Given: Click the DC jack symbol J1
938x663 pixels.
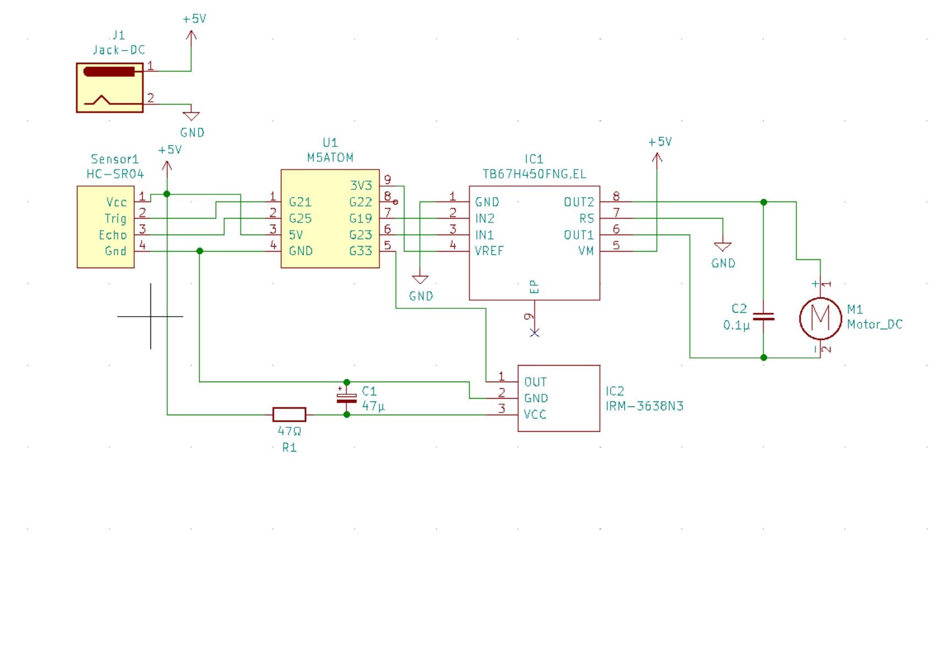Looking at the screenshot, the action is [x=110, y=88].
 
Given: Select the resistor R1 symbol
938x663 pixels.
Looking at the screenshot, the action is [x=290, y=415].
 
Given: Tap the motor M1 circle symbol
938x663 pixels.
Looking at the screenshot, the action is [x=820, y=318].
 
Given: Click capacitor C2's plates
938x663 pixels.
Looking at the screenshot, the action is [x=764, y=316].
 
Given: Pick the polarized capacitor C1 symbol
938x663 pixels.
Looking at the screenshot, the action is [x=347, y=398].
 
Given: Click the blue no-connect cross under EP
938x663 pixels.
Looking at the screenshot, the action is [x=535, y=333].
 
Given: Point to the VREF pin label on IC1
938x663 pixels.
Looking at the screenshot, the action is [x=489, y=251].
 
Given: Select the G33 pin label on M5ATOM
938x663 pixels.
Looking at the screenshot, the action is [x=361, y=251].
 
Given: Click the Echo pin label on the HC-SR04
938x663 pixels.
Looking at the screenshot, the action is [x=113, y=235].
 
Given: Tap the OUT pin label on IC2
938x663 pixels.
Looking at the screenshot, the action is [x=535, y=382].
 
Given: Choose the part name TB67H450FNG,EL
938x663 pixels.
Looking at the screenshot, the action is [x=535, y=174].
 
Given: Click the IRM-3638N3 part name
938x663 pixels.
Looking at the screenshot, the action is [x=645, y=406].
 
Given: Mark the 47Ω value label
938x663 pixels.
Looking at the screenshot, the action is [x=290, y=431].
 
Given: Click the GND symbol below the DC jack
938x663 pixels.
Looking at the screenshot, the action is [x=192, y=116].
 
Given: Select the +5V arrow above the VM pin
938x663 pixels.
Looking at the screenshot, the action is [x=657, y=157].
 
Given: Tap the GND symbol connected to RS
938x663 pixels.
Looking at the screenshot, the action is [x=723, y=246].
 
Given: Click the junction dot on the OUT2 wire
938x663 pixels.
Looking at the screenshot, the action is [x=764, y=202].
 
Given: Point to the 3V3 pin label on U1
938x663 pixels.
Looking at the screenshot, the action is [x=361, y=186].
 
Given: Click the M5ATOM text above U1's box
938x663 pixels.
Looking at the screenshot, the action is [x=330, y=157].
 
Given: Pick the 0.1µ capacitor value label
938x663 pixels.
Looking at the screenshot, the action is [x=736, y=325].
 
